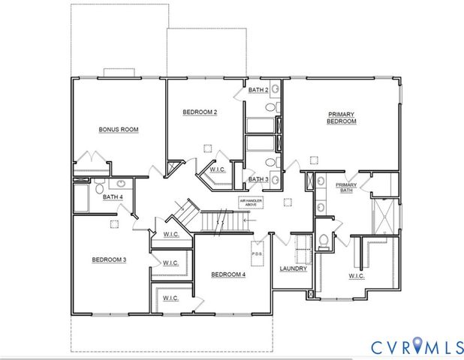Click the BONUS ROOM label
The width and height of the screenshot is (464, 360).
119,130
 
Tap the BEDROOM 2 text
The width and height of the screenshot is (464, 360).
200,112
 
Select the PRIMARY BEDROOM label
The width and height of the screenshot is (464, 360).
340,118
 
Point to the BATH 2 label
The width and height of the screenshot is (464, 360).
258,91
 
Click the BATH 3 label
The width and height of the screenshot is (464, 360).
258,179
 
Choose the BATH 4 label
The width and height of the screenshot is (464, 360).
113,197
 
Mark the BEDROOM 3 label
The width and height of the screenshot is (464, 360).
109,259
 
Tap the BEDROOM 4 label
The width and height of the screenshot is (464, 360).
228,274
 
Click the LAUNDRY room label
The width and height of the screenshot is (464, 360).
293,268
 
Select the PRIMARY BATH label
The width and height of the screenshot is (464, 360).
346,187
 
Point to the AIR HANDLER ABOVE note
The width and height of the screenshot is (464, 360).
251,202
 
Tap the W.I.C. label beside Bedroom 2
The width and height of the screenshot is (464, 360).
218,169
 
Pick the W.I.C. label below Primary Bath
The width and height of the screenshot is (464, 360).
356,277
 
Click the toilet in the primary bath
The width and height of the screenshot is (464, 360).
324,241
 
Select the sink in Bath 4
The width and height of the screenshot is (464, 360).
119,184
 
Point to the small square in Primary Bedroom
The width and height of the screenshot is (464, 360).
314,159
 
